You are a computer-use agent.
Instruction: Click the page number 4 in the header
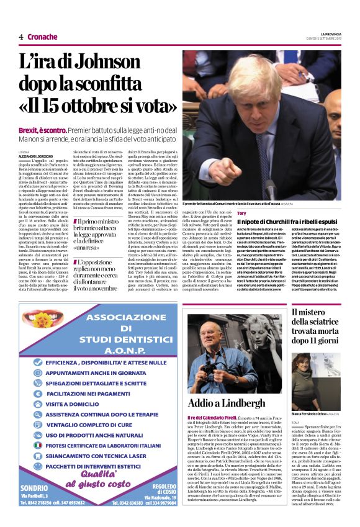tap(21, 37)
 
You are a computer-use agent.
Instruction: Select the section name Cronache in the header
tap(42, 37)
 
